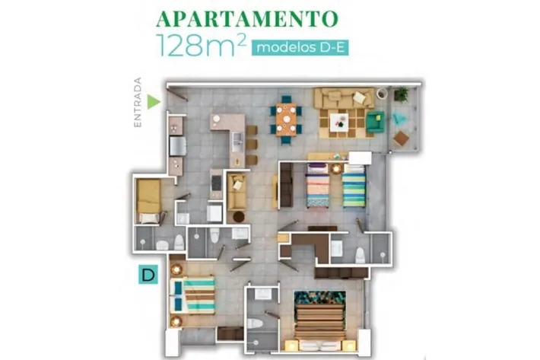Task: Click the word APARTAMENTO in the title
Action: point(247,18)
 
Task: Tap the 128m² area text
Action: point(202,46)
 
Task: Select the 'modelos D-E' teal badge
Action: point(300,47)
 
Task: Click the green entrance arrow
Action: point(154,102)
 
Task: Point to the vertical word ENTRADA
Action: point(138,102)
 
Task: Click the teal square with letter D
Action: point(148,274)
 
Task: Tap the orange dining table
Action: point(286,119)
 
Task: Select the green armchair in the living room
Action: point(375,121)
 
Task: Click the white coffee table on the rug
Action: point(339,123)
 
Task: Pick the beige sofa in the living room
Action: point(345,97)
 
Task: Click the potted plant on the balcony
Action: point(401,94)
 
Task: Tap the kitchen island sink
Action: point(237,142)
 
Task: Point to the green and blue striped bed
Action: point(354,186)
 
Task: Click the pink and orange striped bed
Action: point(318,186)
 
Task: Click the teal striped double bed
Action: point(192,296)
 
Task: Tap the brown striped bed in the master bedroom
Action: point(320,321)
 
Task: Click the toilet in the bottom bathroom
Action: point(255,323)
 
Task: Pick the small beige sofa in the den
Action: point(237,193)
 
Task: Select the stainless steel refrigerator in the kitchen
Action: point(178,146)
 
